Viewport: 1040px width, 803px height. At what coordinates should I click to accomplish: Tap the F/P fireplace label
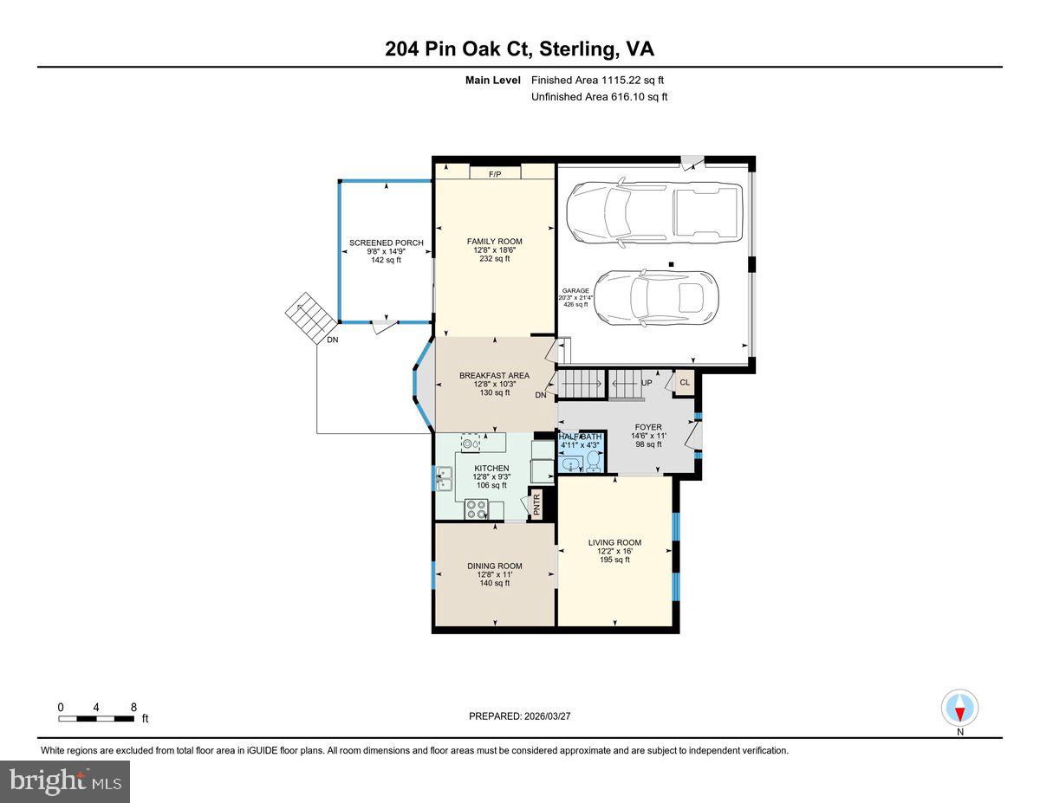(495, 174)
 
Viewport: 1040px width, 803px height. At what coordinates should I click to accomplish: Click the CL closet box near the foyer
(684, 382)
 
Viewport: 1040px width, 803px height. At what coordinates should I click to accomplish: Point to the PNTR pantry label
(536, 505)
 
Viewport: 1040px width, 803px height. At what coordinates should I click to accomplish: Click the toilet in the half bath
(593, 463)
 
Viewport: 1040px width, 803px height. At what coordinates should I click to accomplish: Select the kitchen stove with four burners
(476, 508)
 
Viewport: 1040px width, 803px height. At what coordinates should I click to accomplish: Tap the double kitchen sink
(444, 475)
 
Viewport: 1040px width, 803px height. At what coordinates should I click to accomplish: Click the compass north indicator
(959, 709)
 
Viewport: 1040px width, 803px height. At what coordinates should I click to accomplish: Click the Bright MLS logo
(65, 781)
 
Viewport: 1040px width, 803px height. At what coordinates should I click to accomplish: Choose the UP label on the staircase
(646, 382)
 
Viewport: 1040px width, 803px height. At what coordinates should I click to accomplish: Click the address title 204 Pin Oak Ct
(520, 49)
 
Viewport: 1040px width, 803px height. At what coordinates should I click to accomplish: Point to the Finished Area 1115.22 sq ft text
(598, 80)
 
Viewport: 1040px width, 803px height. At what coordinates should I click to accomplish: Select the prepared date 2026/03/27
(520, 716)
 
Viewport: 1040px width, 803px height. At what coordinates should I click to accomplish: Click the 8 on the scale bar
(133, 707)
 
